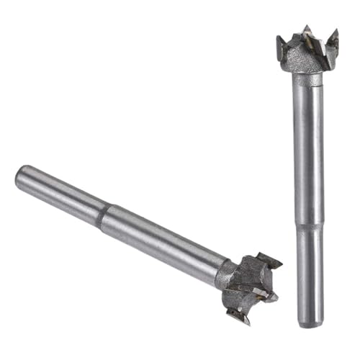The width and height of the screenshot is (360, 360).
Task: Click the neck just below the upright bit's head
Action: [x=306, y=78]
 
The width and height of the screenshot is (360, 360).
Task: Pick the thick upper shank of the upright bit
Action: [x=308, y=144]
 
